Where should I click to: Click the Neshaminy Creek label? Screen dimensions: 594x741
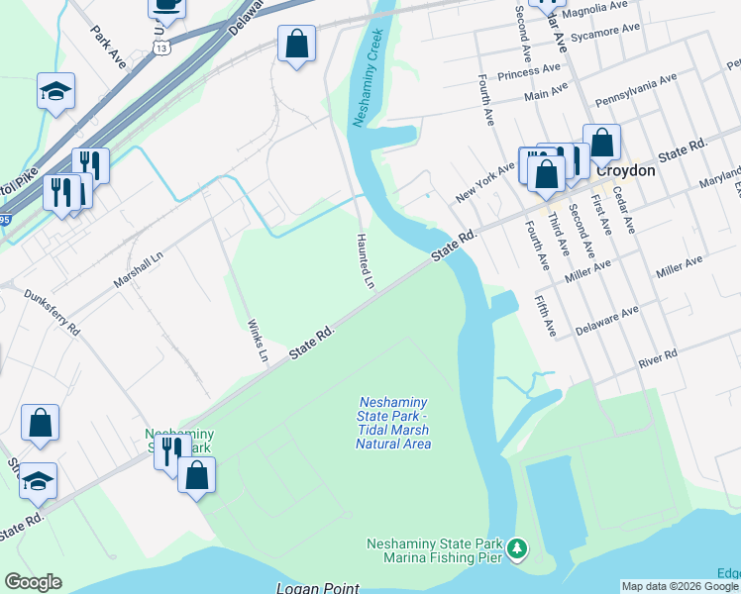(368, 84)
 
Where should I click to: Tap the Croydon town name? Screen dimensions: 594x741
(626, 170)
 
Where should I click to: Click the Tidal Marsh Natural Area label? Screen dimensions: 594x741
(393, 423)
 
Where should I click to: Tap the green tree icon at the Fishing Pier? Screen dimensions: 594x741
(515, 548)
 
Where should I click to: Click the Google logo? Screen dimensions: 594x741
(33, 582)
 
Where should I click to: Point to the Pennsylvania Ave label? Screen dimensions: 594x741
(635, 90)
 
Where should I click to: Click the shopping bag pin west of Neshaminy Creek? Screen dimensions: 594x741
(296, 45)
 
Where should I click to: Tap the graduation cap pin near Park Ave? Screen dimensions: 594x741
(56, 92)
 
